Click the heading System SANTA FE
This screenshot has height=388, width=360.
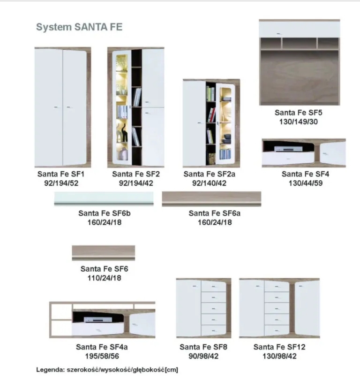(x=79, y=27)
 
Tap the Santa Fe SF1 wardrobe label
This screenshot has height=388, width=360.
(x=61, y=174)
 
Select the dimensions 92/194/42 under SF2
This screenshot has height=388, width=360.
(x=136, y=183)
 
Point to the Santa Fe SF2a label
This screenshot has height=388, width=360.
(x=209, y=174)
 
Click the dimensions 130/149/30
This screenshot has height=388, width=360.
(x=299, y=122)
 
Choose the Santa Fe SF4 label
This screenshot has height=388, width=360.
(x=305, y=174)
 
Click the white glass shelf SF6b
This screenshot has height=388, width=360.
(x=104, y=198)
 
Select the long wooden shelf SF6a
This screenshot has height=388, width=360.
(x=211, y=199)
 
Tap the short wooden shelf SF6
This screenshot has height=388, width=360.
(x=103, y=252)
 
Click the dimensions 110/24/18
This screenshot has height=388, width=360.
(x=104, y=278)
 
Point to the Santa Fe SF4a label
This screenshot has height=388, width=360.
(x=102, y=347)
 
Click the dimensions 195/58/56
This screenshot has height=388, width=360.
(x=102, y=356)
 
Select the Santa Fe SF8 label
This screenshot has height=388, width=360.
(x=203, y=347)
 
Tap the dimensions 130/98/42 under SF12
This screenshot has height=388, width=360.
(x=279, y=356)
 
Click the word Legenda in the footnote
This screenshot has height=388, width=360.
(x=51, y=370)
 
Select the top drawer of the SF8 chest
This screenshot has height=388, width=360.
(x=214, y=286)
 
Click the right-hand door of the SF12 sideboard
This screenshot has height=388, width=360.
(x=307, y=308)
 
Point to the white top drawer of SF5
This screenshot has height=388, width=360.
(x=300, y=29)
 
